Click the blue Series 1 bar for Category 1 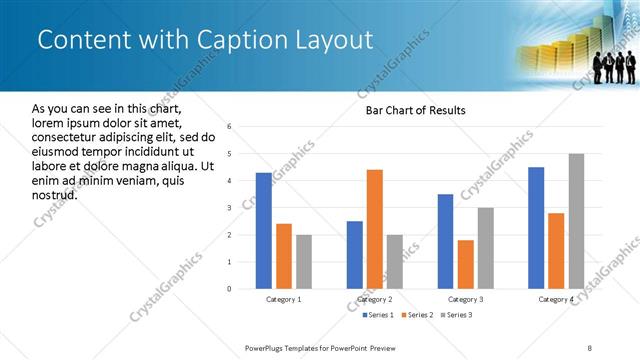coord(264,231)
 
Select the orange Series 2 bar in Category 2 coord(375,229)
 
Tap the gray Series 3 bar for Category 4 coord(576,221)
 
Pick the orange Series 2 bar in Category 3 coord(465,264)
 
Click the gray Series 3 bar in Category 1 coord(303,262)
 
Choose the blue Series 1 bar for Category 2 coord(355,255)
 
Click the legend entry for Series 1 coord(378,315)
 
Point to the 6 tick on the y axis coord(230,127)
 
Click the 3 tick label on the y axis coord(230,208)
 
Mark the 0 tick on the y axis coord(230,289)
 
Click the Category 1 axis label coord(284,300)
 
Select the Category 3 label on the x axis coord(465,300)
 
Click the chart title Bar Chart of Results coord(409,110)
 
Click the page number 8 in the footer coord(590,347)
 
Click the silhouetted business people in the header coord(614,65)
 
